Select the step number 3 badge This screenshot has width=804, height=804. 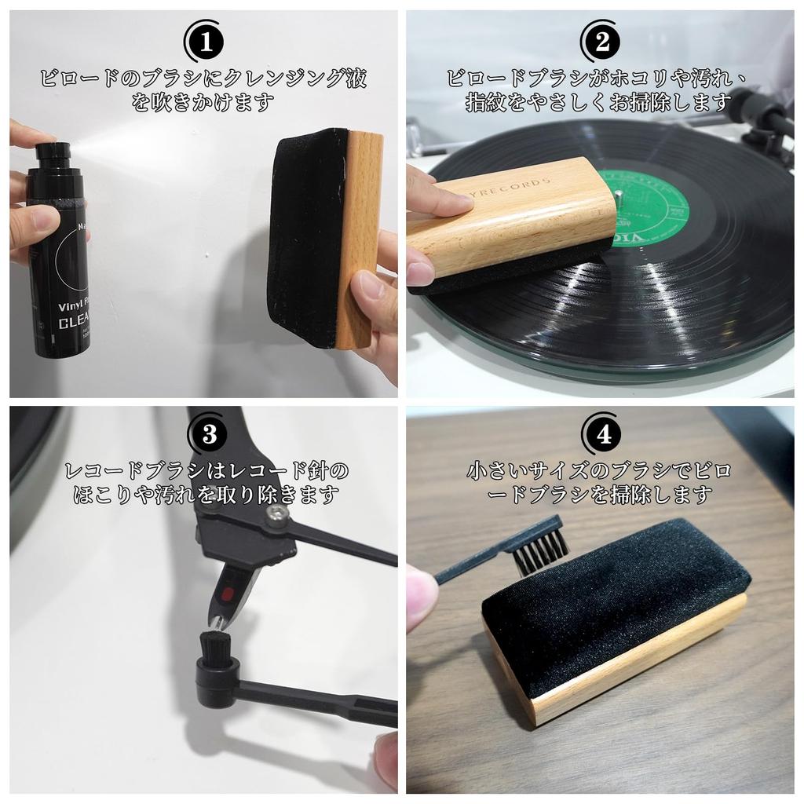pyautogui.click(x=207, y=434)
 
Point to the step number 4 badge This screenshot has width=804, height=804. pyautogui.click(x=602, y=434)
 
